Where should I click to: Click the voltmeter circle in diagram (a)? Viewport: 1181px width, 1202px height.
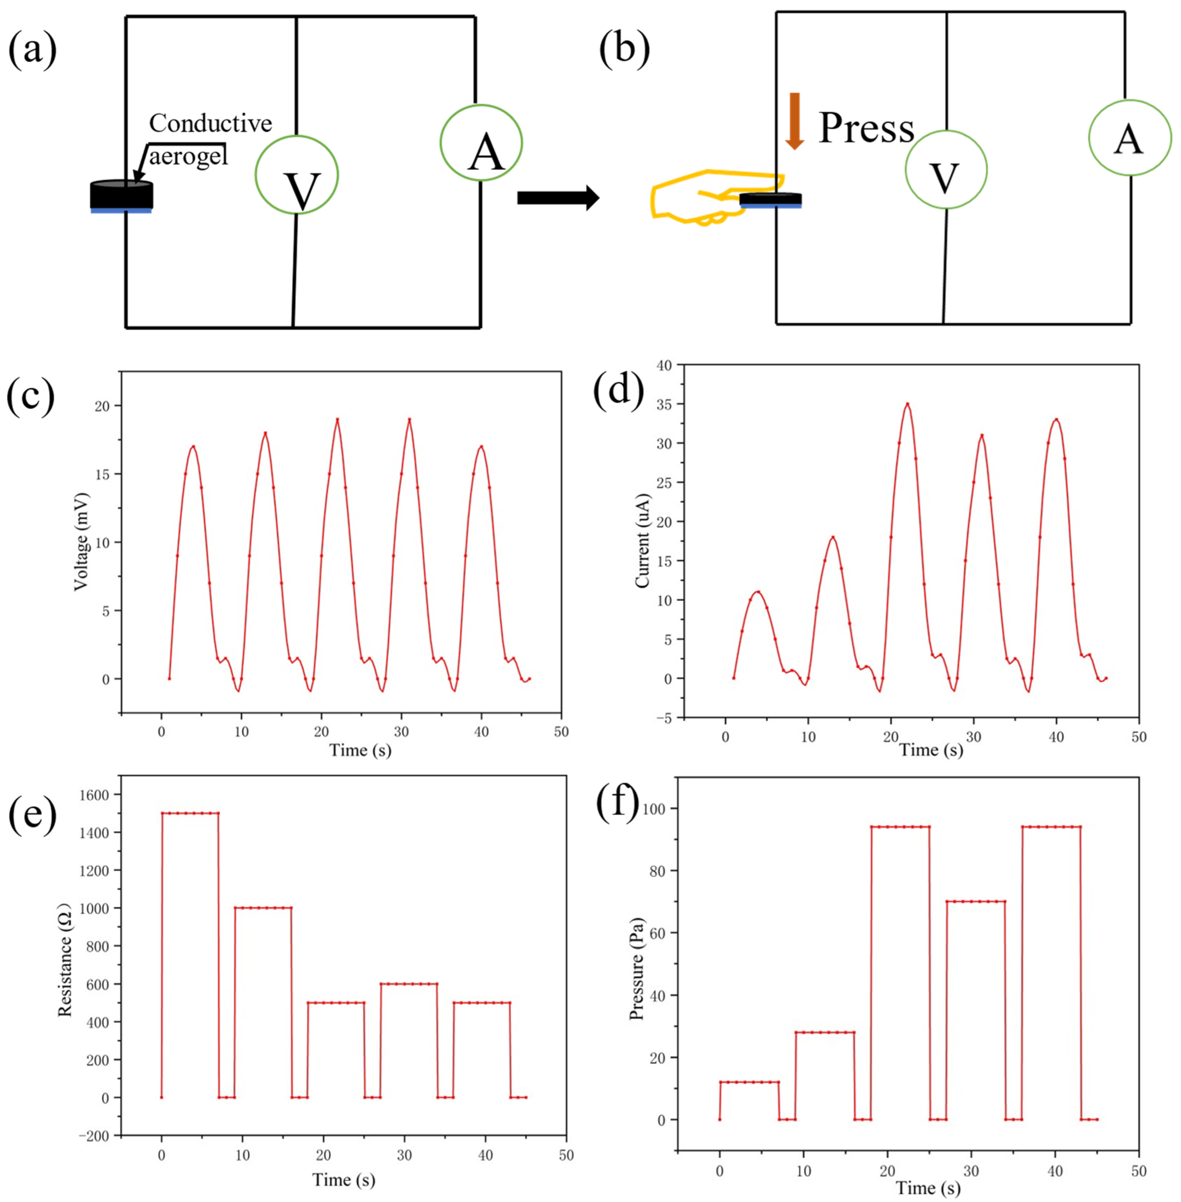click(x=297, y=175)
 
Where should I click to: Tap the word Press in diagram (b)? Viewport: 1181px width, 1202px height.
click(x=866, y=129)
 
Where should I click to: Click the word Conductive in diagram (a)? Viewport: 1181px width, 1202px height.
click(x=210, y=123)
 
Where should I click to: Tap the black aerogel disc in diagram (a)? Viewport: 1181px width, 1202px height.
click(x=121, y=195)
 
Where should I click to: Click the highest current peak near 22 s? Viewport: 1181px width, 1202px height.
click(x=907, y=404)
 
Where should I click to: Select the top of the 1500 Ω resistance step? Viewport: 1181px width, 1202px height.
click(x=190, y=813)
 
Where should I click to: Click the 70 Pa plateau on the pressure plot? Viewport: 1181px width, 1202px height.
click(x=976, y=901)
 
